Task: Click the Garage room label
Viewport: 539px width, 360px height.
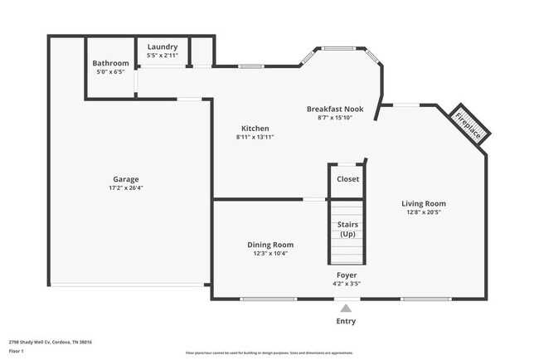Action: [126, 179]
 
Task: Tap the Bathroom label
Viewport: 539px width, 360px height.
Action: [110, 63]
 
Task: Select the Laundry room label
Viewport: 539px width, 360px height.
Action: [163, 46]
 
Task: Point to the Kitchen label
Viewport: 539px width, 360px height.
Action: [255, 129]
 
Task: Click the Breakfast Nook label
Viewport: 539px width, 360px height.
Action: [334, 109]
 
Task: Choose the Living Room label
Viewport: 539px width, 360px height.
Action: [424, 203]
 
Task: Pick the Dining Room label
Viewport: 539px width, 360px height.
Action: [270, 245]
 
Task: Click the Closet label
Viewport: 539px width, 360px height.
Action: [347, 179]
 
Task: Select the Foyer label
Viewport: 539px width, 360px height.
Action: [347, 275]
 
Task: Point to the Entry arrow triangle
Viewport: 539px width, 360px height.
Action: [346, 309]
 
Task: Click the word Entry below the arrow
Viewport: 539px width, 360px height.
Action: [346, 322]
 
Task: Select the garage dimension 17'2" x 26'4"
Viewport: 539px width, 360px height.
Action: [126, 188]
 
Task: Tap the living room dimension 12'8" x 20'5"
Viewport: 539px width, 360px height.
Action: [424, 212]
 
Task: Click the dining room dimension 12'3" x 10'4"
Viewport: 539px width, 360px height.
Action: [270, 254]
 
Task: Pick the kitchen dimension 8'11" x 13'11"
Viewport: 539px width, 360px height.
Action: [255, 138]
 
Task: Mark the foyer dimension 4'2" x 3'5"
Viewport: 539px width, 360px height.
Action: [347, 284]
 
